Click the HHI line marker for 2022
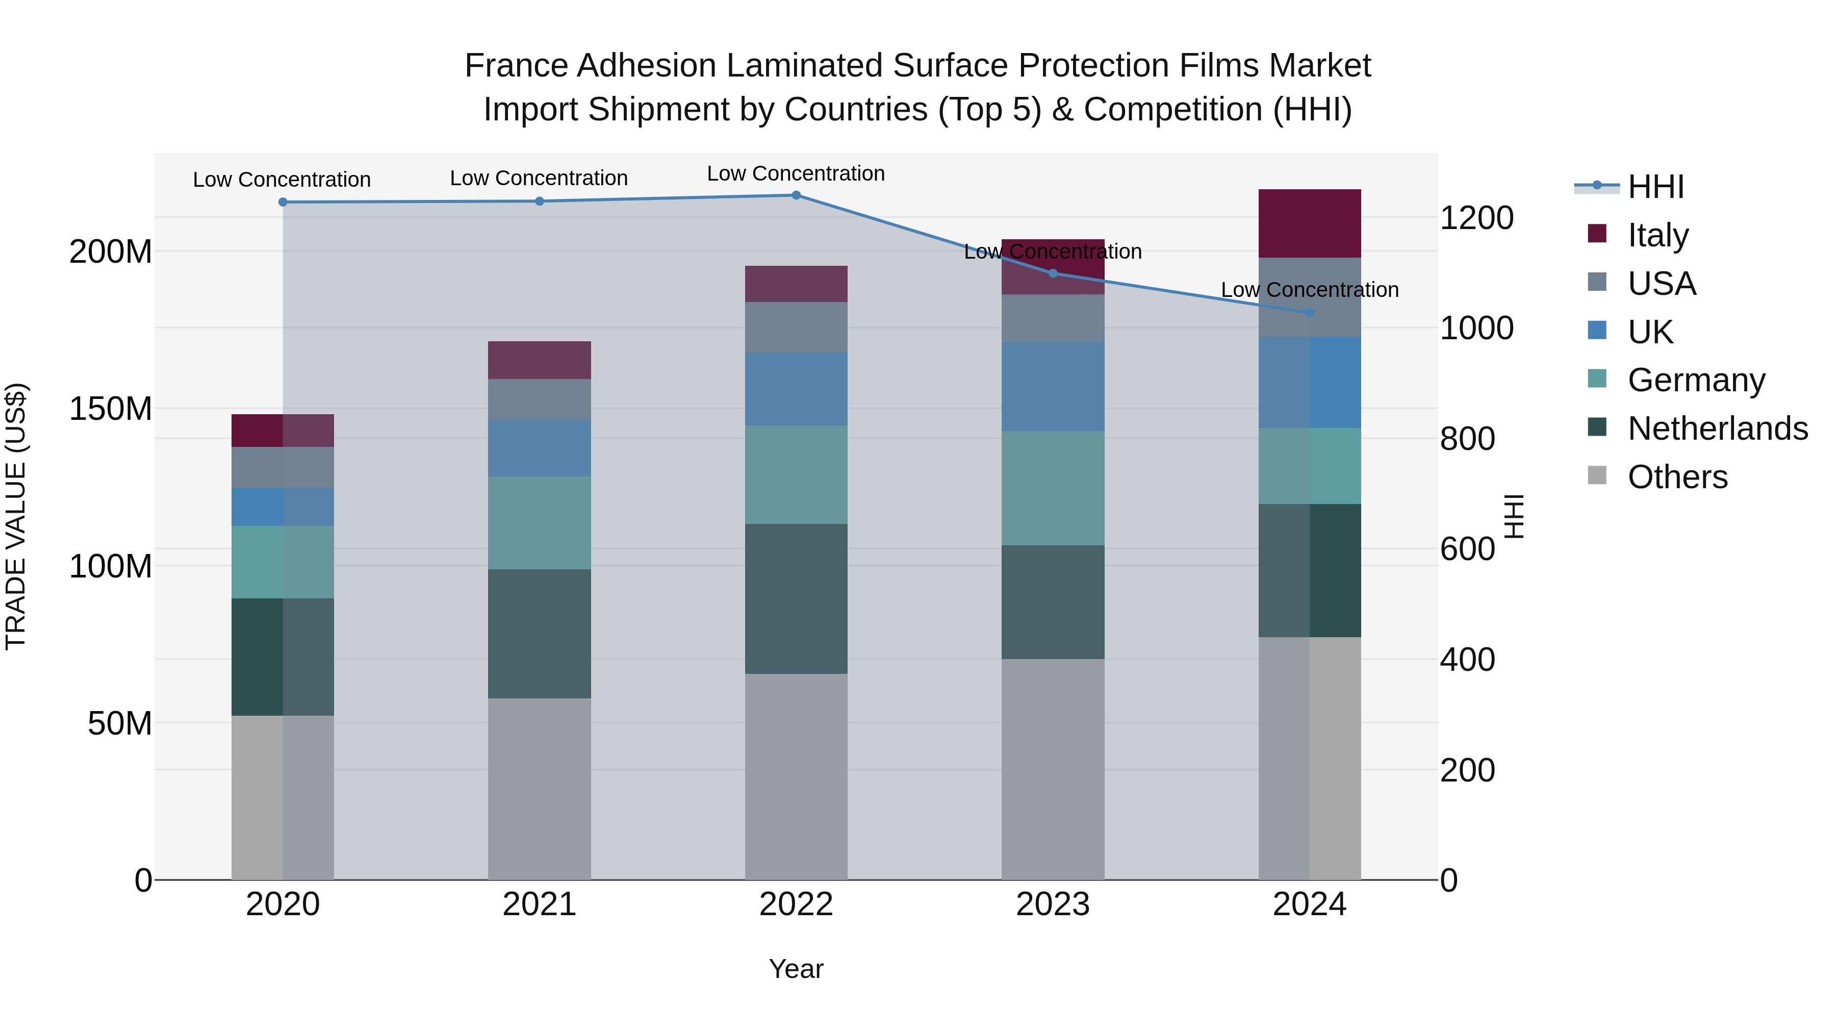coord(796,195)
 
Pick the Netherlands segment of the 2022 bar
coord(796,599)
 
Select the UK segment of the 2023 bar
coord(1053,386)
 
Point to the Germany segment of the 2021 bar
coord(540,522)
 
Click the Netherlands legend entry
coord(1717,429)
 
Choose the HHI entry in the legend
coord(1655,187)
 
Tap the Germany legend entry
coord(1696,380)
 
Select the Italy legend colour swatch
coord(1597,234)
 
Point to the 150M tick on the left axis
coord(111,409)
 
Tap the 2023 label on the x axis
coord(1053,904)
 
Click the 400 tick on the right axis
coord(1467,660)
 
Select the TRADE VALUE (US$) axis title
coord(16,516)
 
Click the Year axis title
coord(796,969)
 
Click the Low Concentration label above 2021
coord(539,178)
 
